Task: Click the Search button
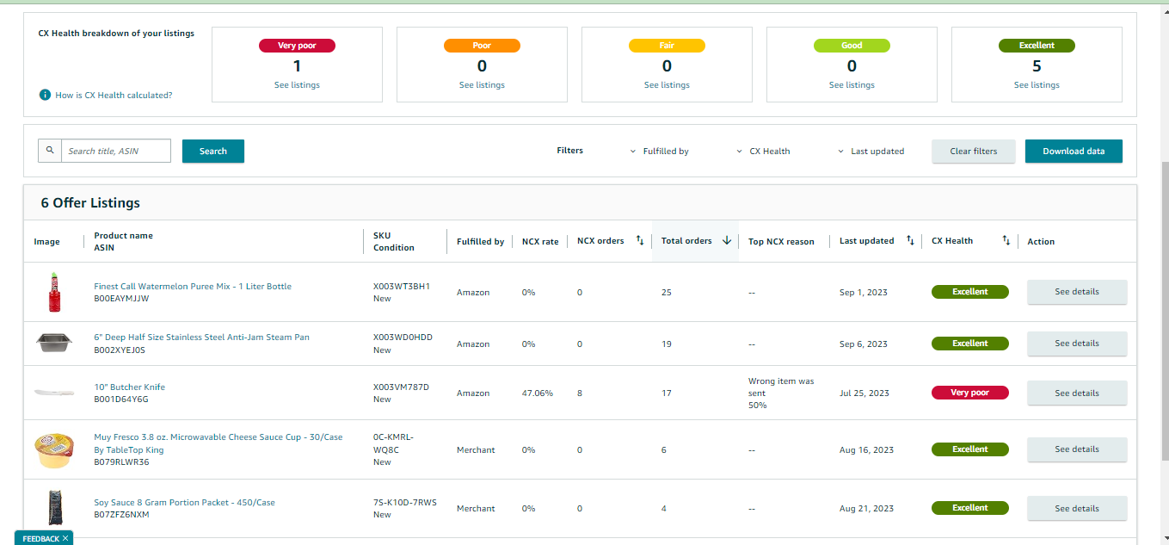[213, 151]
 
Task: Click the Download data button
[1074, 151]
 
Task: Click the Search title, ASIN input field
[116, 151]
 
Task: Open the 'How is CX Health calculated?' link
[114, 95]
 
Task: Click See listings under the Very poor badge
[297, 84]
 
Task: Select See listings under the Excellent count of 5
[1037, 84]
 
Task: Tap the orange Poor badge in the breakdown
[482, 46]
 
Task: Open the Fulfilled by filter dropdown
[660, 151]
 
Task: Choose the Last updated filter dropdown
[871, 151]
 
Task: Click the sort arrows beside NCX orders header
[640, 240]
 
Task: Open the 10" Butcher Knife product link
[129, 387]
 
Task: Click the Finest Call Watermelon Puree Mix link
[193, 287]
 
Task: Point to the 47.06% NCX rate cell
[537, 393]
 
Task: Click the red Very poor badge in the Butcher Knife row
[969, 393]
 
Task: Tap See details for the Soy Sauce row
[1077, 509]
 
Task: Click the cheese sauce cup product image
[54, 450]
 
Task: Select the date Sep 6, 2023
[863, 344]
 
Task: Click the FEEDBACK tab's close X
[65, 538]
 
